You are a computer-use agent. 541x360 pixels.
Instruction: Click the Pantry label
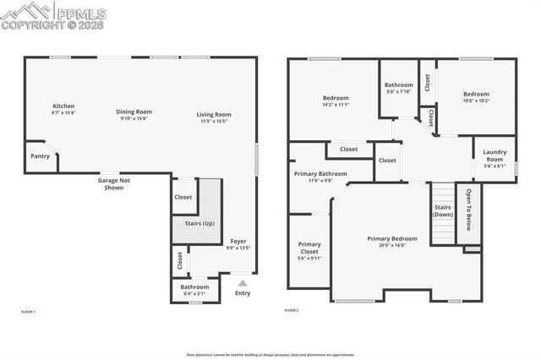pos(40,156)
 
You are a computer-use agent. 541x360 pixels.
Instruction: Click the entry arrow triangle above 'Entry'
pos(243,283)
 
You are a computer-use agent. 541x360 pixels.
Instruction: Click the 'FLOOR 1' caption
pos(28,312)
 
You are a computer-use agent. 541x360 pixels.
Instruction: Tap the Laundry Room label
pos(495,156)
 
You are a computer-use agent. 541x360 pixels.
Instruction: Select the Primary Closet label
pos(309,251)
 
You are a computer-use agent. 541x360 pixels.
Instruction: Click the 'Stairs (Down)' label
pos(443,211)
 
